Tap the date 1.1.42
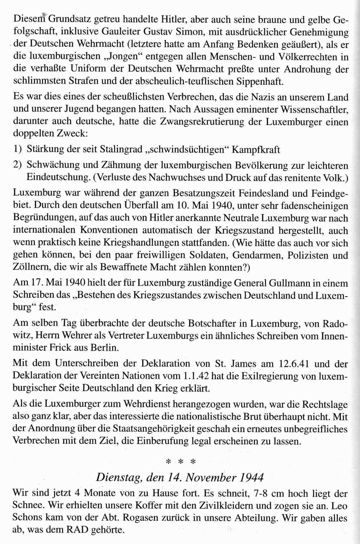coord(196,375)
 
